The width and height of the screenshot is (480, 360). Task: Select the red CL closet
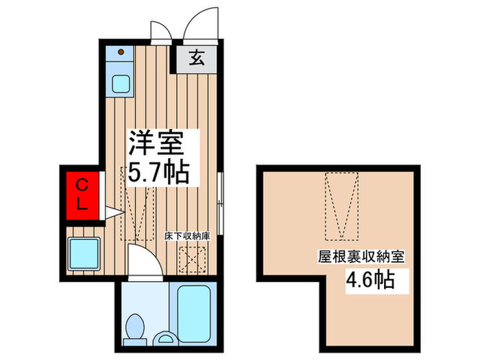coord(82,194)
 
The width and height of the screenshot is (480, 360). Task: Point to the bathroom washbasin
coord(165,337)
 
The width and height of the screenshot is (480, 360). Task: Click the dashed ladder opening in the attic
coord(341,206)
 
